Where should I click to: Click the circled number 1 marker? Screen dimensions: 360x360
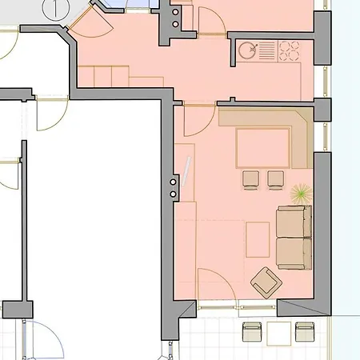54,10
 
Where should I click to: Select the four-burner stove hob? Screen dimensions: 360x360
287,50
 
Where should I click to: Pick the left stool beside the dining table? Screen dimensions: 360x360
250,178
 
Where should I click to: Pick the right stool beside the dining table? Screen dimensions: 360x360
276,178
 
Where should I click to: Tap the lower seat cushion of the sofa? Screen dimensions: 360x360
293,252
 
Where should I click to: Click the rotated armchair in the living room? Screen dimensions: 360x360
266,281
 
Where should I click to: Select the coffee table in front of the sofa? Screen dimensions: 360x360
257,238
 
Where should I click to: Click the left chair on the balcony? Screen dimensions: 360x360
253,331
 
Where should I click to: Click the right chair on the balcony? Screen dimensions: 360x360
306,331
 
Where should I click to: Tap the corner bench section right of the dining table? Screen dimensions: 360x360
302,141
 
